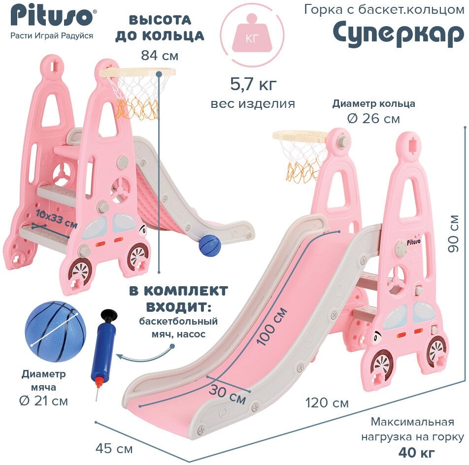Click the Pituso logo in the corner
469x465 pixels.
pyautogui.click(x=51, y=16)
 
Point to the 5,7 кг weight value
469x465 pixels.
pyautogui.click(x=253, y=84)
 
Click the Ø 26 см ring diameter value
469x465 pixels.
pyautogui.click(x=373, y=119)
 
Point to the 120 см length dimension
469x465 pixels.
pyautogui.click(x=327, y=403)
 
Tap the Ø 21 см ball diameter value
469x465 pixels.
pyautogui.click(x=43, y=401)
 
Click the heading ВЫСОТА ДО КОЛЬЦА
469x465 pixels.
pyautogui.click(x=166, y=28)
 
